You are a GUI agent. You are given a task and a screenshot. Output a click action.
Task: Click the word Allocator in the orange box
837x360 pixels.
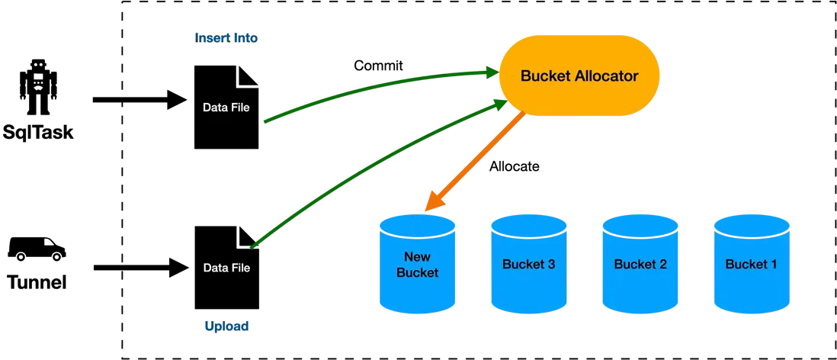click(607, 76)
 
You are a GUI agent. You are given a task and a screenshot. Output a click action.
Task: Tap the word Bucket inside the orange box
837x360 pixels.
click(544, 76)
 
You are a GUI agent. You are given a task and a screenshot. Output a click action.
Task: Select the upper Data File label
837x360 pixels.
click(226, 108)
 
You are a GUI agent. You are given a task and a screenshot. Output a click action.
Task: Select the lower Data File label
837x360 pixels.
click(226, 268)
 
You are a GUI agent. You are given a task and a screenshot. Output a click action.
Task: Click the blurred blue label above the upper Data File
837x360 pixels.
click(228, 37)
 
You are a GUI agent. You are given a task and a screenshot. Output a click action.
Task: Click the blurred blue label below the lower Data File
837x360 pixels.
click(226, 326)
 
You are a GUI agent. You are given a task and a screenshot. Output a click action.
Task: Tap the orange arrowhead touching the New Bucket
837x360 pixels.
click(431, 204)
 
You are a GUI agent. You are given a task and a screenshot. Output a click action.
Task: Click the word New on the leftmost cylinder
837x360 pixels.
click(417, 256)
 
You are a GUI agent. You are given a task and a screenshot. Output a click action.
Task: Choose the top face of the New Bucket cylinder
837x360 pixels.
click(417, 223)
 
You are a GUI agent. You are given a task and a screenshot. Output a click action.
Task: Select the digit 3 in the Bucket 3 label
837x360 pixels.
click(550, 265)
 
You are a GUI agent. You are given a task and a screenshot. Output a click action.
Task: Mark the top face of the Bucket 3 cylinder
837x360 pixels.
click(528, 223)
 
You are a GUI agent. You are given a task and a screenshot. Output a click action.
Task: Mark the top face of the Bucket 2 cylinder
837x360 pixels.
click(640, 223)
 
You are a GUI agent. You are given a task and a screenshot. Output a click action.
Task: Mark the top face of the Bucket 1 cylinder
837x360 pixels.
click(751, 223)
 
